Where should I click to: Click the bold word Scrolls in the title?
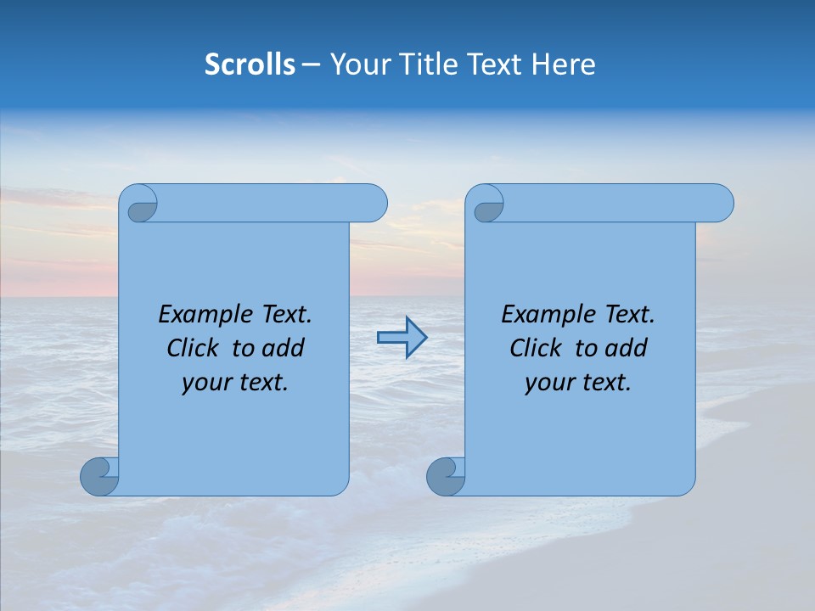click(250, 64)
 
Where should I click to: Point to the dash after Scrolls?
click(311, 65)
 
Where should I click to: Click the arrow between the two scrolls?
click(402, 338)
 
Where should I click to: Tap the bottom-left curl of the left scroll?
click(98, 476)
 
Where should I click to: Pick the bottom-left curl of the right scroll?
click(444, 476)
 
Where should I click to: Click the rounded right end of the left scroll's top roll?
click(374, 203)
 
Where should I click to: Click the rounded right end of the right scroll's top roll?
click(720, 203)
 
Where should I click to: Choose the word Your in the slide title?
click(357, 64)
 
